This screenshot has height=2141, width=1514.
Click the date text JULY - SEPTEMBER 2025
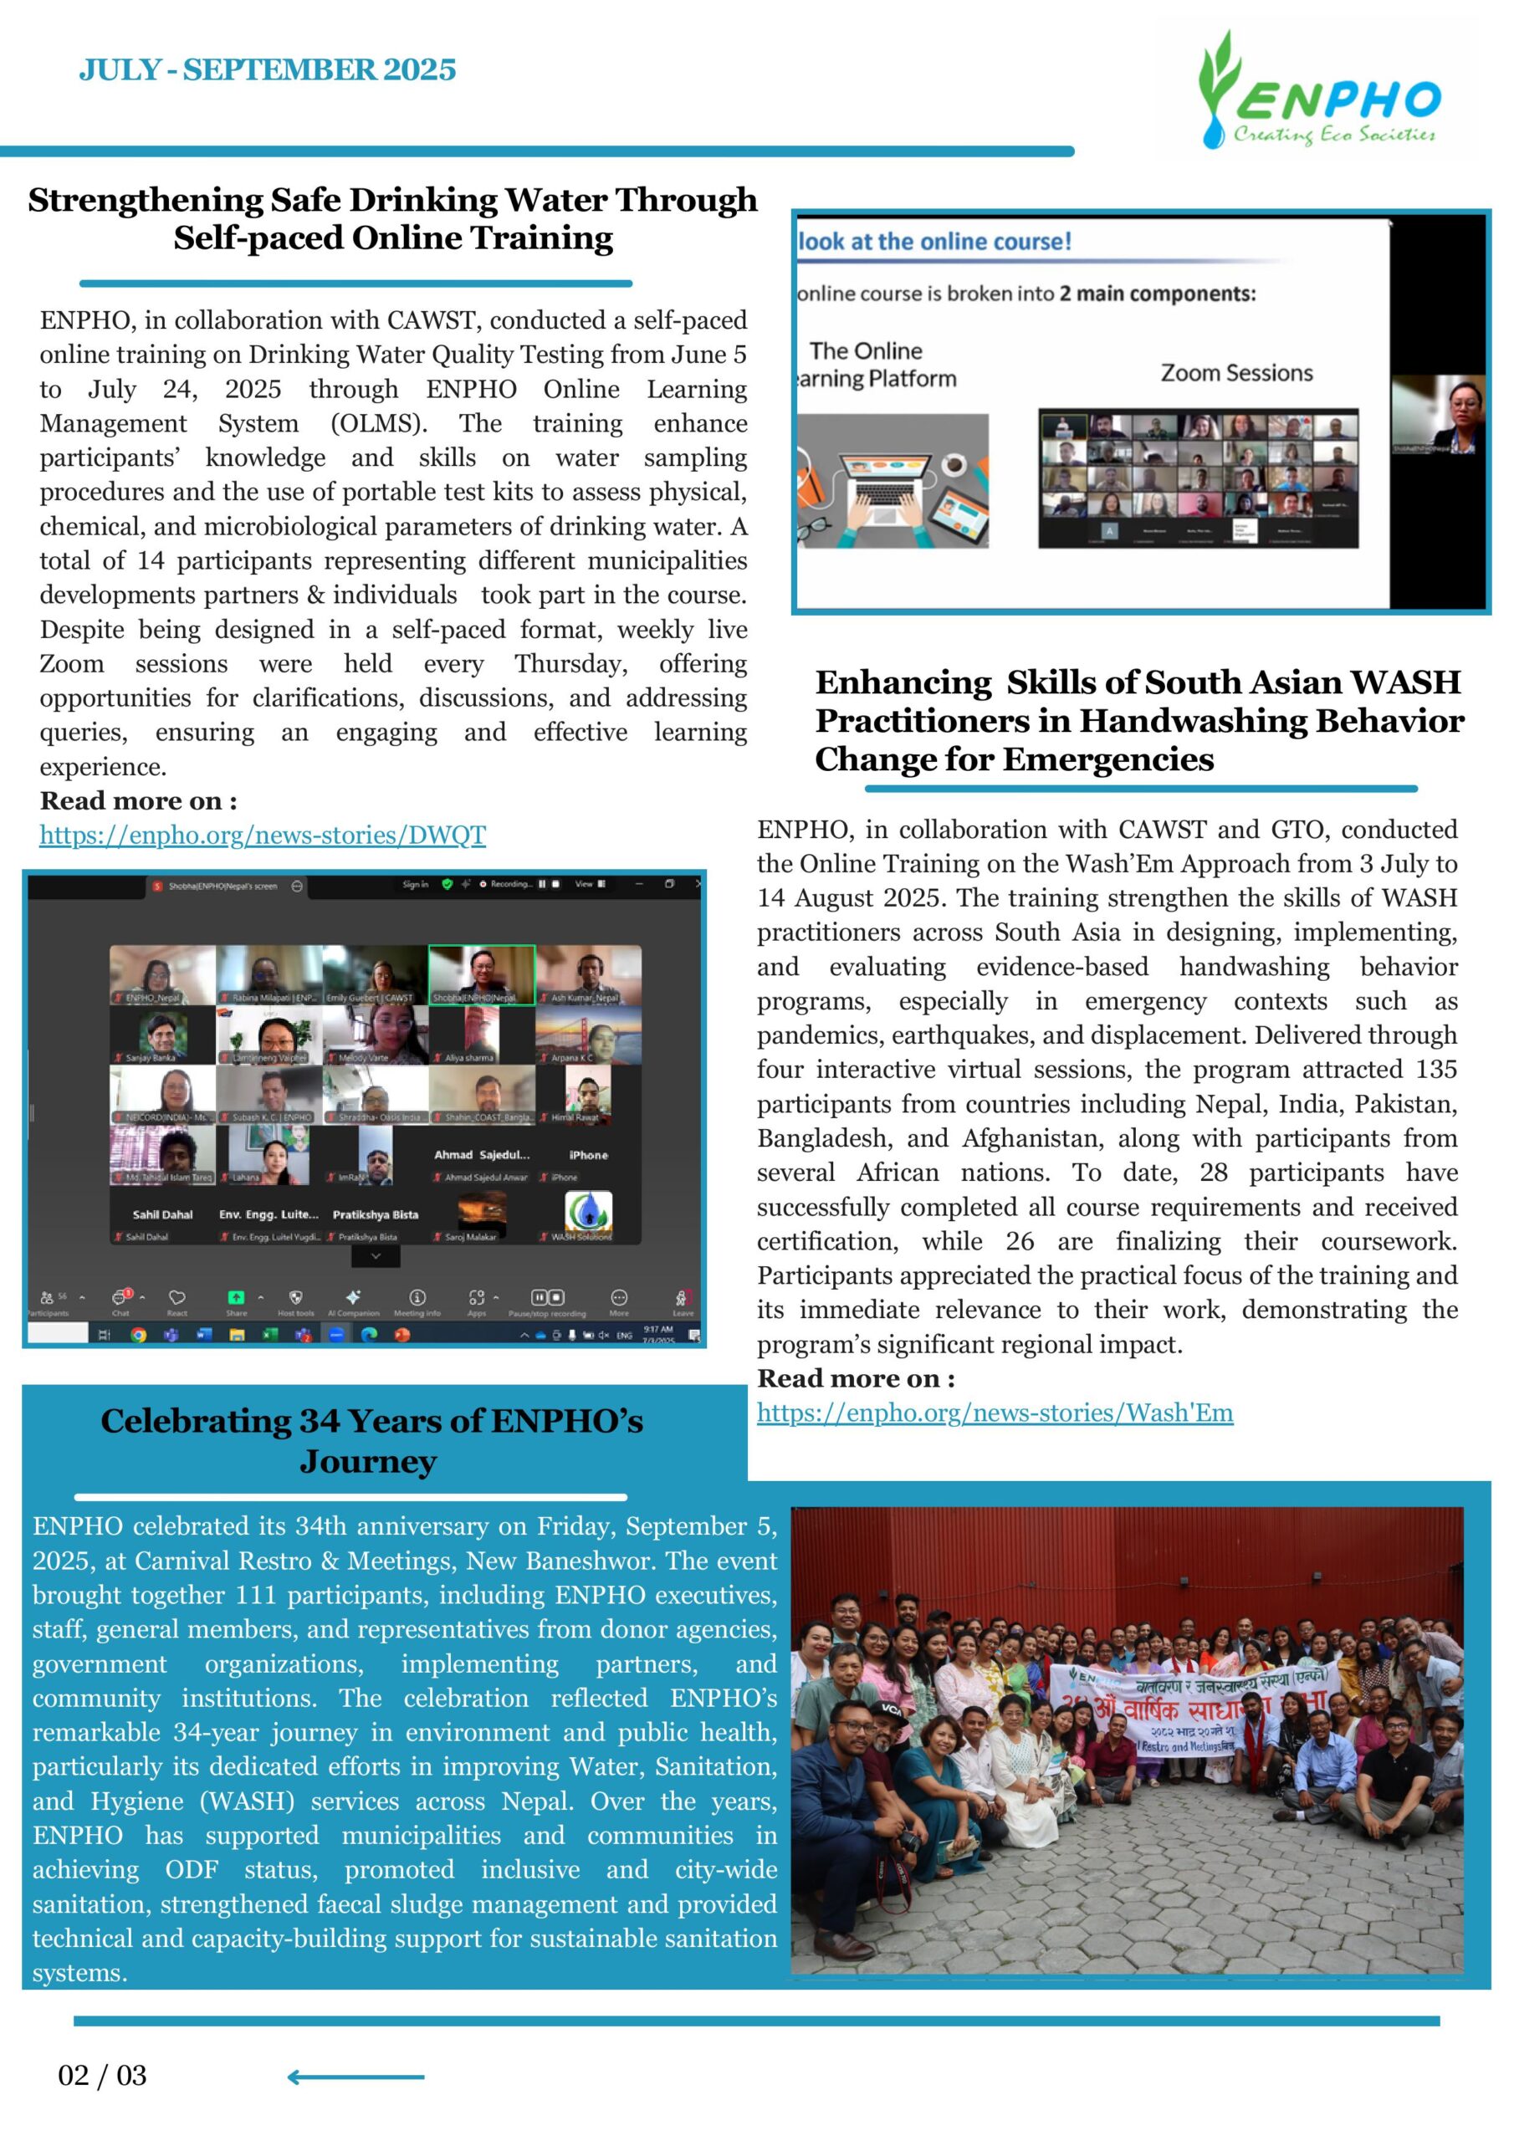click(267, 70)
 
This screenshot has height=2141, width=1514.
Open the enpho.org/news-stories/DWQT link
click(262, 835)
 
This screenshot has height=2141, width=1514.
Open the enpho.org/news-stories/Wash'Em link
click(995, 1413)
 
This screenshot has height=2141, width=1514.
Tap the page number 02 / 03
click(103, 2075)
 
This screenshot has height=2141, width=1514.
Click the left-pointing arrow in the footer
click(355, 2077)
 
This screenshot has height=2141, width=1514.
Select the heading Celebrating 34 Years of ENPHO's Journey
click(371, 1441)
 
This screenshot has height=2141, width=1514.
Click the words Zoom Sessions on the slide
click(1236, 373)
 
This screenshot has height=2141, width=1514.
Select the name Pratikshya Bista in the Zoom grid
click(375, 1215)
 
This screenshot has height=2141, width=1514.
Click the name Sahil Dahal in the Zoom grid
click(162, 1215)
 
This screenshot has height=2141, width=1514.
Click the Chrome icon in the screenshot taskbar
click(138, 1335)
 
